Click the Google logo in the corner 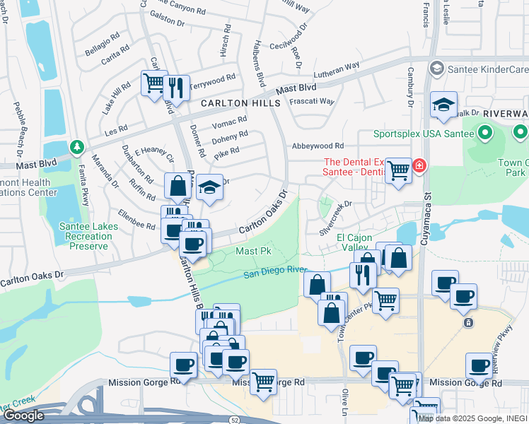(23, 416)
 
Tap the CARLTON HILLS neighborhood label (240, 103)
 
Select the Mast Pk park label (253, 251)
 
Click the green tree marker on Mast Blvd (77, 147)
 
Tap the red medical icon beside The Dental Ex (419, 166)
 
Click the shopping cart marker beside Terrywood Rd (153, 82)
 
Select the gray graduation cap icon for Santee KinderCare (436, 69)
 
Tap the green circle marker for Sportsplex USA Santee (485, 132)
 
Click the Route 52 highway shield (234, 419)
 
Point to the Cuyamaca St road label (426, 212)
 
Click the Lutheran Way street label (337, 69)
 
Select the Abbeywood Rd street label (316, 146)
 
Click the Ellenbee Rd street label (136, 220)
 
